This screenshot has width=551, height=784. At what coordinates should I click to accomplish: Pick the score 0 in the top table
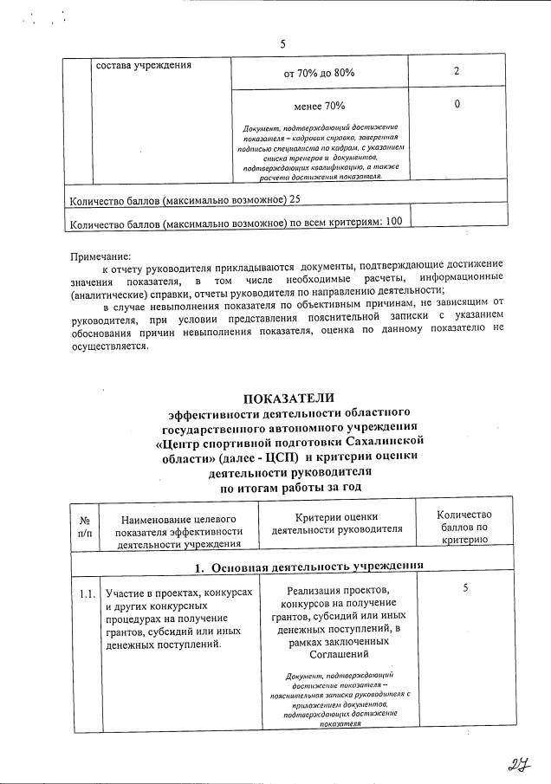click(456, 105)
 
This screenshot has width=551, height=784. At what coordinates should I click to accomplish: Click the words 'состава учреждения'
click(143, 65)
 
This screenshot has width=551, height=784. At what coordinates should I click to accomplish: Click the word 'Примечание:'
click(100, 256)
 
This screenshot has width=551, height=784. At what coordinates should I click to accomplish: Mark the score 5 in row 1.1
click(465, 588)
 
